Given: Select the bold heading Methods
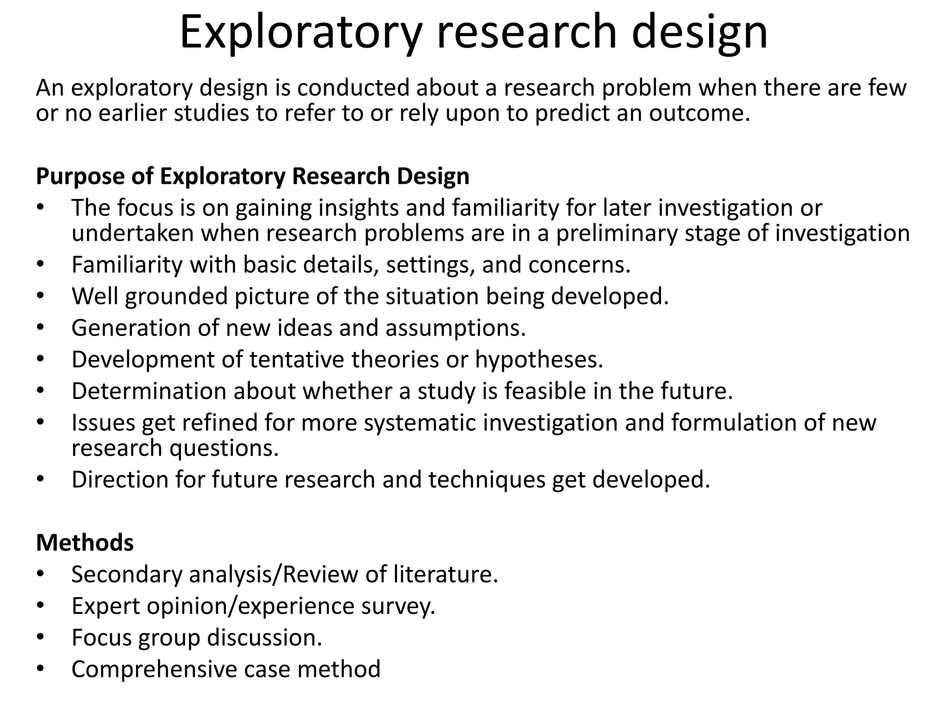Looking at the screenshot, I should click(85, 543).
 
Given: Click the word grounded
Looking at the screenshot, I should click(176, 296).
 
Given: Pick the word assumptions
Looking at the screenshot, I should click(455, 328).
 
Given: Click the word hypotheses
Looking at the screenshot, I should click(539, 360).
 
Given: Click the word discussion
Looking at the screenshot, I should click(264, 637).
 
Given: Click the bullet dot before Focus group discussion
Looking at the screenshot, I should click(40, 638).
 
